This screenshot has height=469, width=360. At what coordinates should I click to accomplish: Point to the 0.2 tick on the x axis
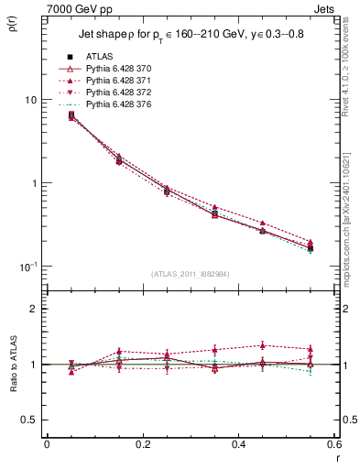[142, 444]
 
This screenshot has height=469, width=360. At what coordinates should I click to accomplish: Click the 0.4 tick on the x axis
[238, 444]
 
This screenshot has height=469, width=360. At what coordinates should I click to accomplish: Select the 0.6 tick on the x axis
[333, 444]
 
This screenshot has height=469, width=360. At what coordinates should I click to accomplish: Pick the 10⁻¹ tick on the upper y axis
[27, 267]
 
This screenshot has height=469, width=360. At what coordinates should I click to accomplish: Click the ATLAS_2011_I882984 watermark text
[190, 275]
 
